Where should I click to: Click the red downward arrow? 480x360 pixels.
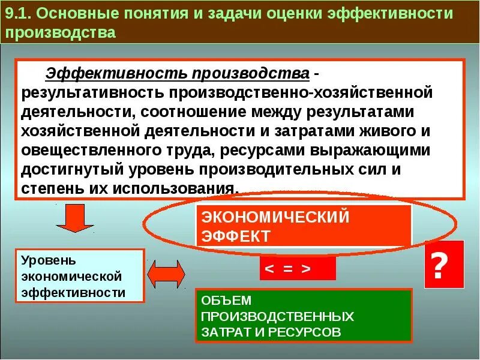74,218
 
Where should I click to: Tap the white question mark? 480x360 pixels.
443,265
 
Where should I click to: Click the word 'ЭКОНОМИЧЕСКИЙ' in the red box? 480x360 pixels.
275,217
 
